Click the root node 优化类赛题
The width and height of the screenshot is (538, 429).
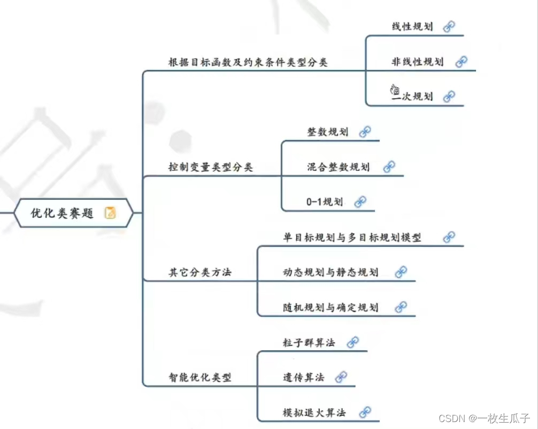[x=62, y=213]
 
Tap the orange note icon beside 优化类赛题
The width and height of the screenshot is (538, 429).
[x=110, y=213]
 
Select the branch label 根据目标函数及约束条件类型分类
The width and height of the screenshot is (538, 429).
[x=248, y=62]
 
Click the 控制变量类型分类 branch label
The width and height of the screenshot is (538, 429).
[x=210, y=167]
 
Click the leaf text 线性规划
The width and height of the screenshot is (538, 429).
[x=412, y=27]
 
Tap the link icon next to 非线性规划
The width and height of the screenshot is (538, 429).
[x=461, y=61]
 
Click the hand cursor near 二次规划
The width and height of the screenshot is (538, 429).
[x=395, y=89]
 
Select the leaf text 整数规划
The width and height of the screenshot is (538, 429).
[x=327, y=132]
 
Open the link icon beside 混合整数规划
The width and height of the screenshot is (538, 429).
[x=389, y=167]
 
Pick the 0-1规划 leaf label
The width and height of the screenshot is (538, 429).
[x=325, y=202]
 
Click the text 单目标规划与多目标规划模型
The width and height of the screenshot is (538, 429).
[x=352, y=237]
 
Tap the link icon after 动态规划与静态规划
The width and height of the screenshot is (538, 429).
[x=401, y=272]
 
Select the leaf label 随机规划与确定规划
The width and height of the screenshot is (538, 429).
[x=331, y=307]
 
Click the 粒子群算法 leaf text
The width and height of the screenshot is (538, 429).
[x=309, y=342]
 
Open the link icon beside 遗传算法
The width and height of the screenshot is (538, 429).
[x=341, y=377]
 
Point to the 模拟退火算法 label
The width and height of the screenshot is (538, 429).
[x=314, y=412]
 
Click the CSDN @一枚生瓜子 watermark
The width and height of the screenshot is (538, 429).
[x=484, y=418]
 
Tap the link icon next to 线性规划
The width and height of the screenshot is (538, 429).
[x=449, y=27]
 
